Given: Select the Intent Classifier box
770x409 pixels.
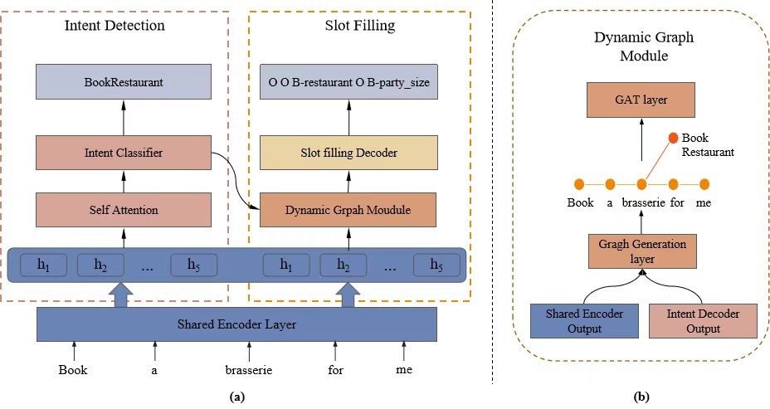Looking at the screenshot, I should [x=123, y=153].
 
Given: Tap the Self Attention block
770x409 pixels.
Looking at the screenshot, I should [x=123, y=209].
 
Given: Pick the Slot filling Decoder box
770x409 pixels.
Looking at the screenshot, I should [x=348, y=153].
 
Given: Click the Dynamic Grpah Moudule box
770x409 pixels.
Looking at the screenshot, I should [x=348, y=209].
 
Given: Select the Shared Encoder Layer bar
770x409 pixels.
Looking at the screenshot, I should [x=236, y=324].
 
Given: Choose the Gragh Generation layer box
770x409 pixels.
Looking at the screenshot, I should [x=641, y=252].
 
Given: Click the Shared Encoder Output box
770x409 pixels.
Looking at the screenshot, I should [x=577, y=322].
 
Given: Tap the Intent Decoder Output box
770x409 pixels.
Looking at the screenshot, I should [x=704, y=322].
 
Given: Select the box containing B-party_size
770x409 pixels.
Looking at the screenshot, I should [x=348, y=84].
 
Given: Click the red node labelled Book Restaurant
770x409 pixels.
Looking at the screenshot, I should [x=673, y=138].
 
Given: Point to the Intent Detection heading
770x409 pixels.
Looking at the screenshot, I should [x=115, y=26].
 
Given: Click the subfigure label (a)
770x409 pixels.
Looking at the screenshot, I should [x=236, y=397].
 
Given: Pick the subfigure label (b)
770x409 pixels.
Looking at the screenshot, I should [x=641, y=397].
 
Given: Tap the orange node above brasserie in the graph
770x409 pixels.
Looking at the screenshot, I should [x=641, y=183].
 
